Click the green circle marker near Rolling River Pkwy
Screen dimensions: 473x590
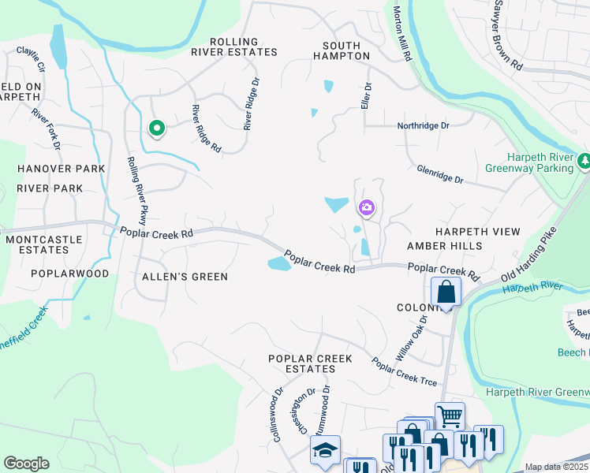(157, 127)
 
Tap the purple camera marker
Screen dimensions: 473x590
(367, 208)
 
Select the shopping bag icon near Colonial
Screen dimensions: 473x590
(446, 291)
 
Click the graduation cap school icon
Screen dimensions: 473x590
(324, 449)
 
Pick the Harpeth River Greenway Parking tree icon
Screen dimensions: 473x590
(584, 162)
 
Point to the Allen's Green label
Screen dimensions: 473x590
(185, 277)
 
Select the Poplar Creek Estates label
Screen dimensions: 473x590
(310, 363)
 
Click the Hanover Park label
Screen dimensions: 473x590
(61, 169)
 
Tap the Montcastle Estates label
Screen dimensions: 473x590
(36, 244)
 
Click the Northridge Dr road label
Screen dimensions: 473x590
(423, 125)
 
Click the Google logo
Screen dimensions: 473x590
(26, 464)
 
